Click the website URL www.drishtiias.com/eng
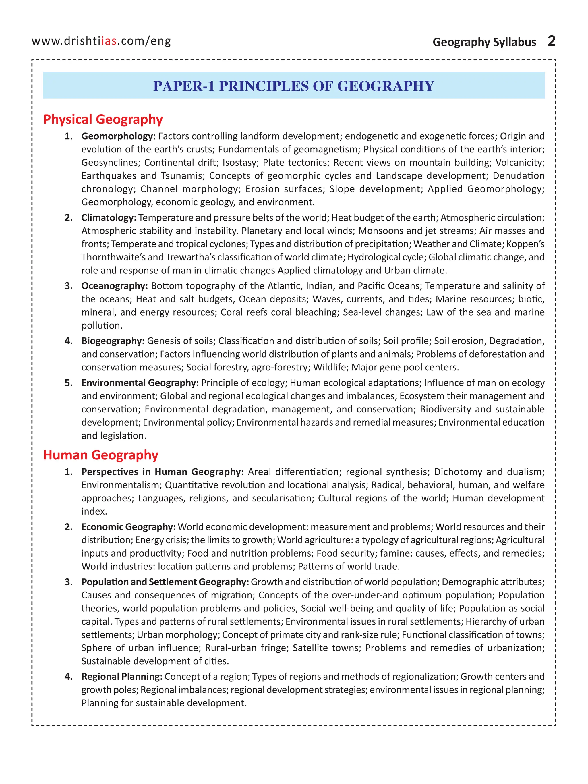(x=101, y=41)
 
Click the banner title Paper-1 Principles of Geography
(x=293, y=86)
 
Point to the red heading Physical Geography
(x=103, y=119)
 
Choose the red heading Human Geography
(x=101, y=455)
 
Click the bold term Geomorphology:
(x=118, y=136)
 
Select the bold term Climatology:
(x=109, y=218)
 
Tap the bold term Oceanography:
(x=115, y=286)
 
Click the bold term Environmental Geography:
(x=140, y=383)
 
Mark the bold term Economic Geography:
(x=128, y=527)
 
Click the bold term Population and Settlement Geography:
(x=165, y=582)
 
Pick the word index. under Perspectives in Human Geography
(x=94, y=511)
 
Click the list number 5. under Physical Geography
(x=69, y=383)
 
